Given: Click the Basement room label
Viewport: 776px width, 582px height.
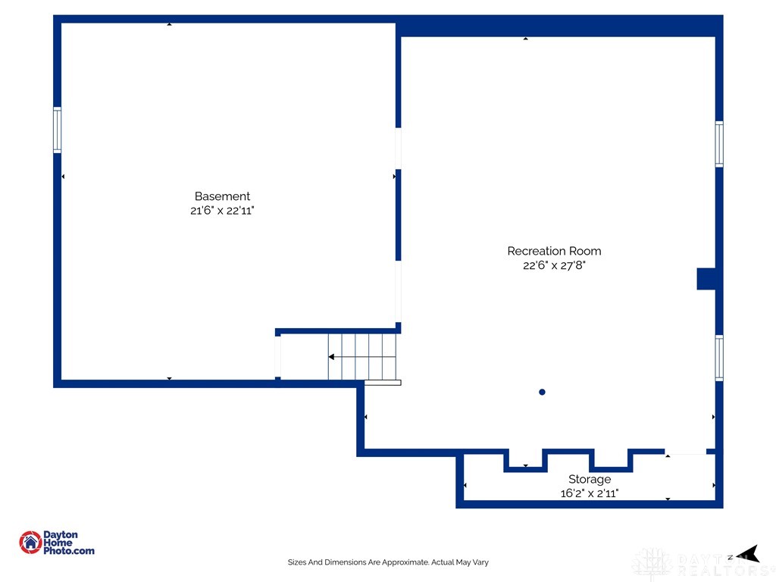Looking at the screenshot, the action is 222,196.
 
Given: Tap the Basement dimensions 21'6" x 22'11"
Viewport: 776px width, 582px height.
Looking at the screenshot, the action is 222,211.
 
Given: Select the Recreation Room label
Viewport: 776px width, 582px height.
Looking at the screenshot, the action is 554,252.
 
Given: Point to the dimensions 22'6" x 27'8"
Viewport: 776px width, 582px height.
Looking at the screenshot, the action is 554,266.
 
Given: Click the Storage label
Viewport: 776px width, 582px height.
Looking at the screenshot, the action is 590,480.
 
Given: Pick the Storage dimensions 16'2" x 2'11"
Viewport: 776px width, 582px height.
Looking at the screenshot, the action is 590,493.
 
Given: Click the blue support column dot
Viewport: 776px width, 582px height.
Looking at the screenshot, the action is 542,392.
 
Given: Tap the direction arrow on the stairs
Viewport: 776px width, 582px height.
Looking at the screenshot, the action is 361,357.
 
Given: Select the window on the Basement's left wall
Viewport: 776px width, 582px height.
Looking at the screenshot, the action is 58,130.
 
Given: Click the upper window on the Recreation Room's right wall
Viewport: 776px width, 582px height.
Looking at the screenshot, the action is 719,144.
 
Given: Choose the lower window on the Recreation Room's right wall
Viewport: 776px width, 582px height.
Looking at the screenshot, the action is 719,358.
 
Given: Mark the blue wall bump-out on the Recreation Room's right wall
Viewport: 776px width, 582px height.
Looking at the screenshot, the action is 706,279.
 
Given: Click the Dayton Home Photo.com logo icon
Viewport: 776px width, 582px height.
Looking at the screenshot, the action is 30,543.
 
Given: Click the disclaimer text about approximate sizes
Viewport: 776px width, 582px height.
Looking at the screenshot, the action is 388,562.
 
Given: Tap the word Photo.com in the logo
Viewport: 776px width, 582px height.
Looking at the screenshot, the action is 69,551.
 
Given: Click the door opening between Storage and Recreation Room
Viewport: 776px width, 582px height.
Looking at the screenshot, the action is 685,452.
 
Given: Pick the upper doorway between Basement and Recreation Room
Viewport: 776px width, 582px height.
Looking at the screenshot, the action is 398,149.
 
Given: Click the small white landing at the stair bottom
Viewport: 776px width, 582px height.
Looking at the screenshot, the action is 383,383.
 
